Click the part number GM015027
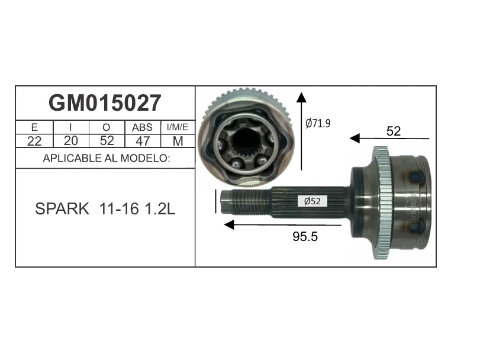pos(105,103)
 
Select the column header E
pos(34,127)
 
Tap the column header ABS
pos(143,127)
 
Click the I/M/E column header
pos(178,127)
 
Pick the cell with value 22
pos(34,141)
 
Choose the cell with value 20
pos(70,141)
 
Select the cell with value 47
pos(143,141)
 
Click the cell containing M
pos(178,141)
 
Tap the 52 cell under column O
pos(107,141)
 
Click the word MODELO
pos(146,158)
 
